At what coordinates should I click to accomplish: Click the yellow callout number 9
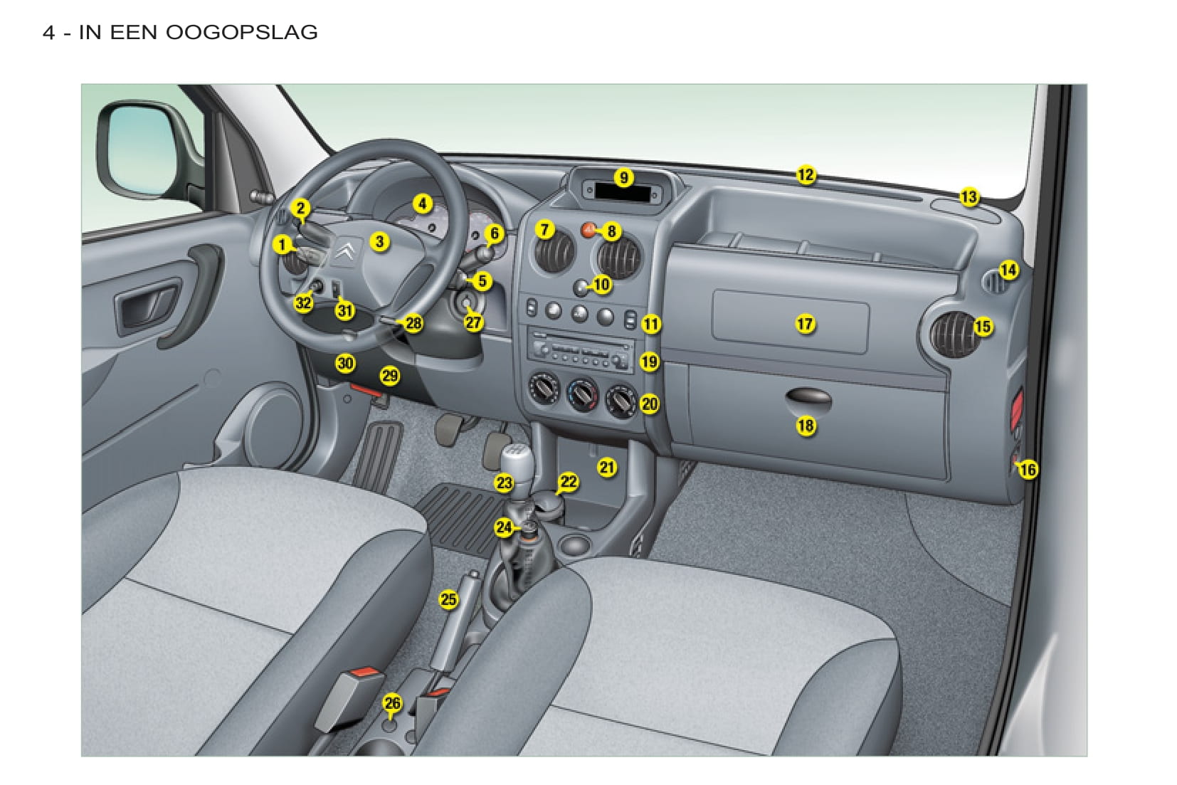(x=623, y=178)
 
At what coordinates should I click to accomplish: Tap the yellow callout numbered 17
(x=804, y=324)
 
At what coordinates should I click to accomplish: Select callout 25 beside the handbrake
(x=448, y=599)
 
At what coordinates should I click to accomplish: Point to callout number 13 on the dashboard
(x=969, y=197)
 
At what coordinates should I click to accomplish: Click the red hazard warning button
(x=588, y=230)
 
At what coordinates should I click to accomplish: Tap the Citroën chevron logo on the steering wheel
(x=344, y=252)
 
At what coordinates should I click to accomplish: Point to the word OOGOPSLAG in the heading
(x=241, y=32)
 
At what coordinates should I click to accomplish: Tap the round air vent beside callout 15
(x=954, y=335)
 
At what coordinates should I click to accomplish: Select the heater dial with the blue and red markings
(x=582, y=395)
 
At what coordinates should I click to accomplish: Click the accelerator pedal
(x=378, y=455)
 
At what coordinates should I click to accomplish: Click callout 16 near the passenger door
(x=1028, y=469)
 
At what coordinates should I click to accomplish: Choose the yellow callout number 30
(x=345, y=363)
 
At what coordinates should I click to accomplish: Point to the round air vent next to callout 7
(x=554, y=252)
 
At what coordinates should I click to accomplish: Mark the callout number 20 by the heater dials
(x=650, y=404)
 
